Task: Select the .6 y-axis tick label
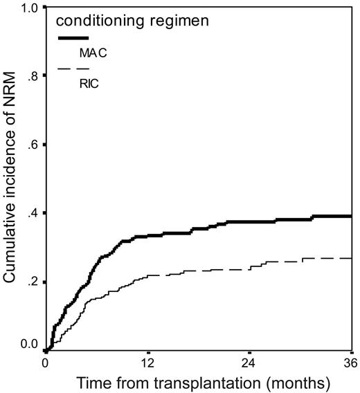coord(33,145)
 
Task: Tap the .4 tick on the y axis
coord(33,212)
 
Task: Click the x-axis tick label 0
coord(46,362)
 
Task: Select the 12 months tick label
coord(147,362)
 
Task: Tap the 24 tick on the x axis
coord(249,362)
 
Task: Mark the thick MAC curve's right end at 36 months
coord(351,216)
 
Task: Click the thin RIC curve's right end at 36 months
coord(351,258)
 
